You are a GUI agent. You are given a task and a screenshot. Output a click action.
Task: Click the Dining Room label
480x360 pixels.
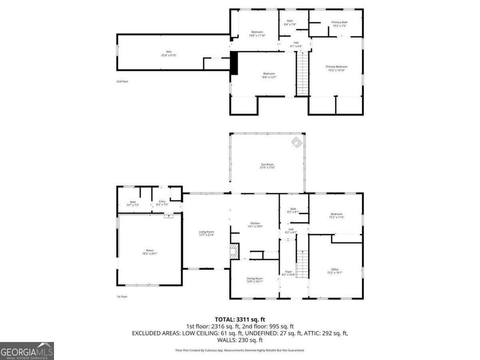click(254, 280)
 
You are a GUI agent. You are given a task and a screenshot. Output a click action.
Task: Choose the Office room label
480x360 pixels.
click(335, 271)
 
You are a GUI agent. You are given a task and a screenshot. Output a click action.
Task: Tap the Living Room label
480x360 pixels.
click(206, 233)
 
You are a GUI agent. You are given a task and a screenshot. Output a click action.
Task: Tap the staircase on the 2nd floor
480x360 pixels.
click(302, 74)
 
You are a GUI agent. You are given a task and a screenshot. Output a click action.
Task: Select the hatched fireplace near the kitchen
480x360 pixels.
click(233, 252)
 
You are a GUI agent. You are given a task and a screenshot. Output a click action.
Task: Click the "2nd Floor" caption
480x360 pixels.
click(122, 81)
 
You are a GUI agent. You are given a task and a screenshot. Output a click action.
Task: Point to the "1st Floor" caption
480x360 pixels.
click(122, 296)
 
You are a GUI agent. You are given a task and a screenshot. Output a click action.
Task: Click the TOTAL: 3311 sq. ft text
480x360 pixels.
click(240, 320)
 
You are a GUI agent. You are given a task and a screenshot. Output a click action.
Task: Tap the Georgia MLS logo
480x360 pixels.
click(27, 351)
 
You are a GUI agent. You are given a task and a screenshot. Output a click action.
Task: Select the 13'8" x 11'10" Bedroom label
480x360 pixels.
click(257, 34)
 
